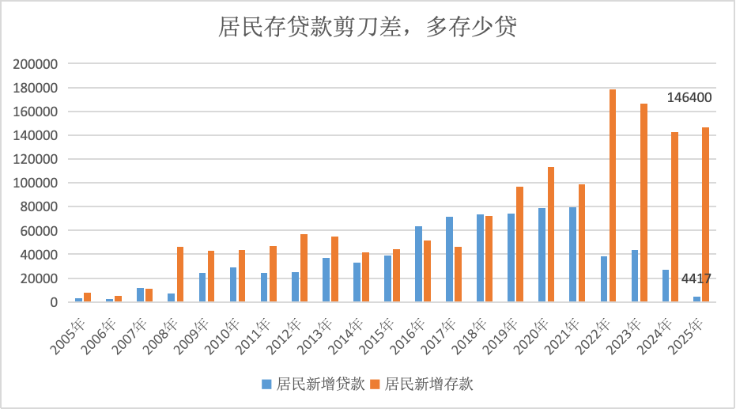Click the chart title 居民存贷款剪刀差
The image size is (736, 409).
click(367, 29)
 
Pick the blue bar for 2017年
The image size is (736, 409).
click(449, 259)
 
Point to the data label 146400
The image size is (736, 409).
click(689, 98)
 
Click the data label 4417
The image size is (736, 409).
click(696, 278)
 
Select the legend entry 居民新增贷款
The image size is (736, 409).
click(313, 384)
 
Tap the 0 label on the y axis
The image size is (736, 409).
click(54, 302)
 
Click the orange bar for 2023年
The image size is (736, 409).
click(644, 203)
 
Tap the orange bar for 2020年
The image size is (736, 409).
click(551, 235)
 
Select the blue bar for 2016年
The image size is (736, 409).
click(418, 264)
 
